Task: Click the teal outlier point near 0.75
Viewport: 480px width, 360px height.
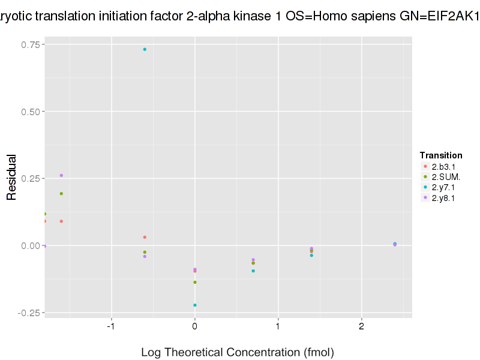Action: click(145, 49)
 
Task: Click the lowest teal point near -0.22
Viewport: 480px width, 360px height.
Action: click(195, 305)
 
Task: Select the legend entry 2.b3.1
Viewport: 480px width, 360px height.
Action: click(443, 166)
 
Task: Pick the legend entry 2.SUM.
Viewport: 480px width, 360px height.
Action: click(445, 176)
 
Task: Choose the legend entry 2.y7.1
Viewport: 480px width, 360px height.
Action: click(443, 187)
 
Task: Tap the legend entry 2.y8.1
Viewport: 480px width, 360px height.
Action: click(443, 198)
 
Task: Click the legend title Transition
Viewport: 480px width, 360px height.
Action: click(441, 155)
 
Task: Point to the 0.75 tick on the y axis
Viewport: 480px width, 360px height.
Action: click(31, 44)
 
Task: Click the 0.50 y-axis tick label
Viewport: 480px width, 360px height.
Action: click(31, 112)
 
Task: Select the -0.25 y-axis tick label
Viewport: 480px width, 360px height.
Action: click(30, 313)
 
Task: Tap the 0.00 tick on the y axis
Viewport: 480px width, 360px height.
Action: click(31, 245)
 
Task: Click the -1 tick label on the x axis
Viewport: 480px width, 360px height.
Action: click(110, 326)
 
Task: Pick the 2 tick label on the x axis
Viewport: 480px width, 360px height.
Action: click(361, 326)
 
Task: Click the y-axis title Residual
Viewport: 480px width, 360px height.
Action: click(11, 178)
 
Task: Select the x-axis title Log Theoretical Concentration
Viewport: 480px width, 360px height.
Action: click(237, 352)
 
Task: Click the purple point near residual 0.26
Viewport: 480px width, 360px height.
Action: click(61, 175)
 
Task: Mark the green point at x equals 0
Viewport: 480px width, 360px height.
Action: click(195, 282)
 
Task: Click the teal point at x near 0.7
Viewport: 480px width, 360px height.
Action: click(253, 271)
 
